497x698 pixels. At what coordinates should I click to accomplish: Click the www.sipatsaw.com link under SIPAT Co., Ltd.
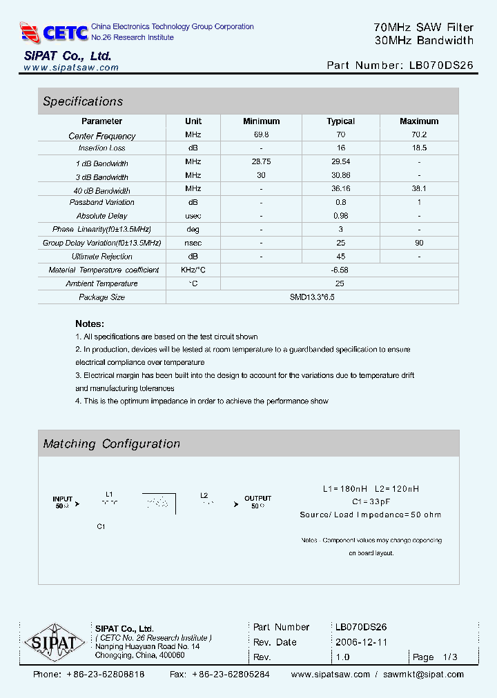(71, 68)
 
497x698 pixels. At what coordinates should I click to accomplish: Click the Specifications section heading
(83, 101)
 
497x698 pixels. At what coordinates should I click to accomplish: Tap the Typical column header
(340, 121)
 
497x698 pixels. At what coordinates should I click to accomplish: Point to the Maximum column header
(419, 121)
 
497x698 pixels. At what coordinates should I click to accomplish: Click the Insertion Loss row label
(102, 148)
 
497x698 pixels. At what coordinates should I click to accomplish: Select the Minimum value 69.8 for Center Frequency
(262, 135)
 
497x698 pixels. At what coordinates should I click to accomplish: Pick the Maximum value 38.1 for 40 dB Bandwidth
(419, 188)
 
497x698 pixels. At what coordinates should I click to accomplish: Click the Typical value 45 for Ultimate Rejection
(340, 257)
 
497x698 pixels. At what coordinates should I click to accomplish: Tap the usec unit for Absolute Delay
(193, 216)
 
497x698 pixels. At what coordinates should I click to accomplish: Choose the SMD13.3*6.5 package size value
(312, 297)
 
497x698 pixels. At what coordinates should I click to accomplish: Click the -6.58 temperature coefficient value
(340, 270)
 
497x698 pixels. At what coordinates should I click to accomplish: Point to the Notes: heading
(90, 323)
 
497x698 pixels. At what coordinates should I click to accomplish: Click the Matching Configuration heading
(112, 444)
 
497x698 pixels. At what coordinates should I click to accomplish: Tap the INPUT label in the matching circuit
(62, 498)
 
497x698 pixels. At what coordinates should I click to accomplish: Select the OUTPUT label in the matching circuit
(257, 498)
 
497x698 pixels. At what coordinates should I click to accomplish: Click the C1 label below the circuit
(101, 526)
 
